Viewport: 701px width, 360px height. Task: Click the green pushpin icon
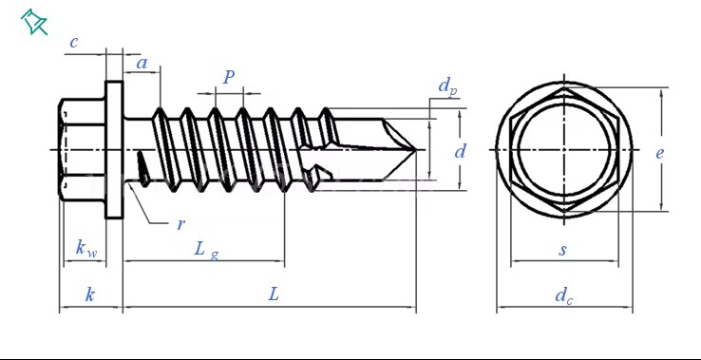click(34, 22)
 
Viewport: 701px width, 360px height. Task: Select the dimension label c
click(74, 42)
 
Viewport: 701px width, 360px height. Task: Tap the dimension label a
click(142, 64)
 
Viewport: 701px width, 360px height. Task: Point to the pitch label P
click(229, 77)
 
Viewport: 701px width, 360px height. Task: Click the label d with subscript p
click(447, 85)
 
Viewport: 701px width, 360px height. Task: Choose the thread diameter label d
click(460, 151)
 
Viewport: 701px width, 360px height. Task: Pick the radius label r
click(180, 223)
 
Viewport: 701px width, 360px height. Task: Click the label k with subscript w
click(85, 248)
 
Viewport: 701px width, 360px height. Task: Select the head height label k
click(90, 294)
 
